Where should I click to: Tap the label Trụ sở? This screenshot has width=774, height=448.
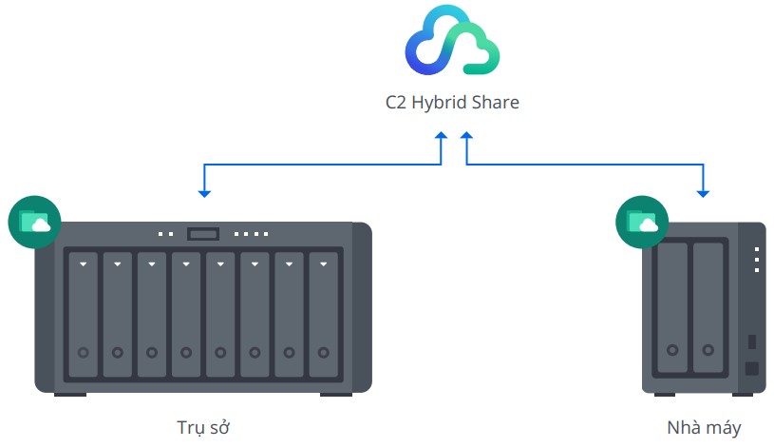pyautogui.click(x=203, y=426)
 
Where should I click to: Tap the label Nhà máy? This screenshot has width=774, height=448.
pyautogui.click(x=704, y=426)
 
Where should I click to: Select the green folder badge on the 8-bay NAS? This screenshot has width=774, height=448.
pyautogui.click(x=34, y=222)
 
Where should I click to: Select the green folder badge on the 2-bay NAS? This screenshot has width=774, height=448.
pyautogui.click(x=643, y=222)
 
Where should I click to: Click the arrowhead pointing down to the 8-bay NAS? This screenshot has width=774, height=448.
pyautogui.click(x=204, y=193)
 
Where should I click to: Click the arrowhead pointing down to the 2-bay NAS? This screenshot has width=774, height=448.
pyautogui.click(x=703, y=193)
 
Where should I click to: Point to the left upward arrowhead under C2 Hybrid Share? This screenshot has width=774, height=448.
pyautogui.click(x=441, y=139)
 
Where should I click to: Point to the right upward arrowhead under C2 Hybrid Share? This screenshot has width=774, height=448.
pyautogui.click(x=466, y=139)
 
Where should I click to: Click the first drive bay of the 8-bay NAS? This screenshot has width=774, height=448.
pyautogui.click(x=84, y=314)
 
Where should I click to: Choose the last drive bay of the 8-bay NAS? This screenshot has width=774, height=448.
pyautogui.click(x=323, y=314)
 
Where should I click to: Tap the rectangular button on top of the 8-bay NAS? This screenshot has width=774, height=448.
pyautogui.click(x=203, y=233)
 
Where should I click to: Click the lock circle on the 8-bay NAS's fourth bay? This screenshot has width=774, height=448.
pyautogui.click(x=186, y=352)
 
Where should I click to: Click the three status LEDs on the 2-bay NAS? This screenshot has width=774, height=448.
pyautogui.click(x=756, y=260)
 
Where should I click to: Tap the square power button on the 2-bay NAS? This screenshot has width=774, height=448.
pyautogui.click(x=751, y=368)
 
